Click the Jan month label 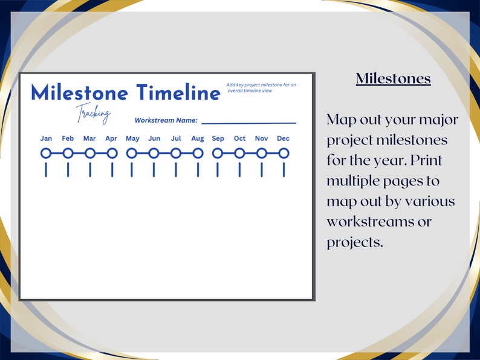pyautogui.click(x=46, y=138)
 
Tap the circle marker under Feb pyautogui.click(x=68, y=153)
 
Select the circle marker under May pyautogui.click(x=132, y=153)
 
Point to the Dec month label pyautogui.click(x=283, y=138)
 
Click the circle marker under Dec pyautogui.click(x=284, y=153)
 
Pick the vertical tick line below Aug pyautogui.click(x=198, y=170)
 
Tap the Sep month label pyautogui.click(x=218, y=138)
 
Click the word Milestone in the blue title pyautogui.click(x=80, y=93)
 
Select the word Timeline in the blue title pyautogui.click(x=178, y=93)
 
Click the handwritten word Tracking pyautogui.click(x=93, y=113)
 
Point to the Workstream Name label pyautogui.click(x=166, y=120)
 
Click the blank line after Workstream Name pyautogui.click(x=248, y=123)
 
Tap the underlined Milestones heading pyautogui.click(x=393, y=79)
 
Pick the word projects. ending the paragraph pyautogui.click(x=355, y=242)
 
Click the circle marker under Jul pyautogui.click(x=176, y=153)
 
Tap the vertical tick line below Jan pyautogui.click(x=46, y=170)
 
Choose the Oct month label pyautogui.click(x=239, y=138)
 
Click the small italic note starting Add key pyautogui.click(x=261, y=88)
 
